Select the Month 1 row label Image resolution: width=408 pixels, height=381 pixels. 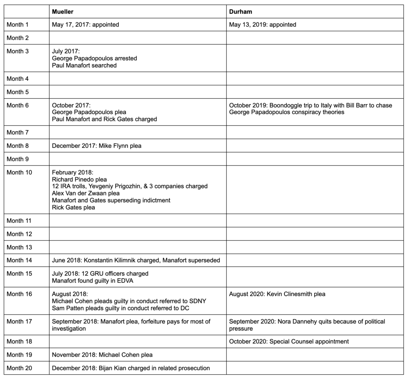click(18, 25)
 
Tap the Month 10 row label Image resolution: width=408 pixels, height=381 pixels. click(19, 172)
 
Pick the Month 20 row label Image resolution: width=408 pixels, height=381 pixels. click(19, 368)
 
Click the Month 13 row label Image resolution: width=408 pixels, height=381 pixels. click(19, 247)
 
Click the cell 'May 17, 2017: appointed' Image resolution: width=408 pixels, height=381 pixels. click(86, 25)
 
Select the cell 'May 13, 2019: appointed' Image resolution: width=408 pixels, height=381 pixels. click(263, 25)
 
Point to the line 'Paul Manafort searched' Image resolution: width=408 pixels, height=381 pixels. click(84, 65)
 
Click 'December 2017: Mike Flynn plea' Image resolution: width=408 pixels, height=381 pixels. click(97, 146)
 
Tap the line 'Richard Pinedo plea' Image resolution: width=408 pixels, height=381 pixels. click(79, 179)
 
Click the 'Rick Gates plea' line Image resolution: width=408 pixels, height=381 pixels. click(74, 207)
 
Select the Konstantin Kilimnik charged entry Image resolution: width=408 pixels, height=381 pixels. click(136, 260)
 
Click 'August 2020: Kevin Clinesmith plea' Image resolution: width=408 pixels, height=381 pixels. click(277, 294)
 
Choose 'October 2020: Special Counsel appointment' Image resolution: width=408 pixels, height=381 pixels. click(289, 341)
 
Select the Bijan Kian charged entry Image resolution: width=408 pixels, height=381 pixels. click(131, 368)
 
